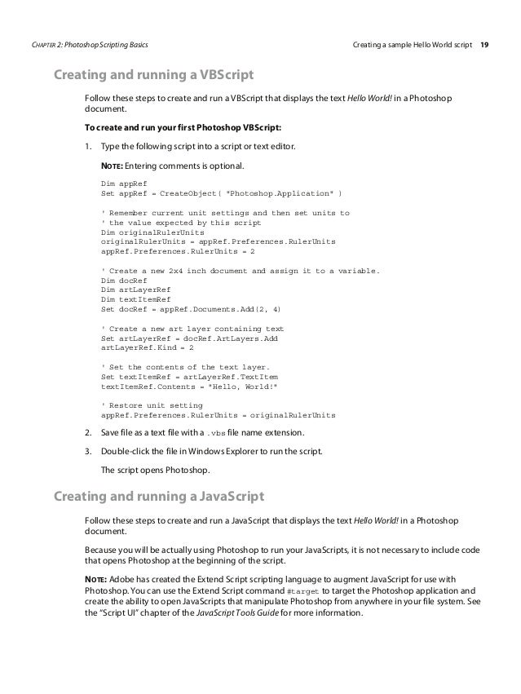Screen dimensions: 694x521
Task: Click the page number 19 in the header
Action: click(484, 42)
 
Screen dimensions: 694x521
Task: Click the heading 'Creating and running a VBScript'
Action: click(153, 77)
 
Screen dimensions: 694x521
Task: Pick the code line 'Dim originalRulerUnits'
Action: click(147, 232)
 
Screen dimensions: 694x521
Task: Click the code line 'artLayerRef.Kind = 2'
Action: click(147, 347)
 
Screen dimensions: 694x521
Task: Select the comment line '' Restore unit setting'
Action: click(152, 404)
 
